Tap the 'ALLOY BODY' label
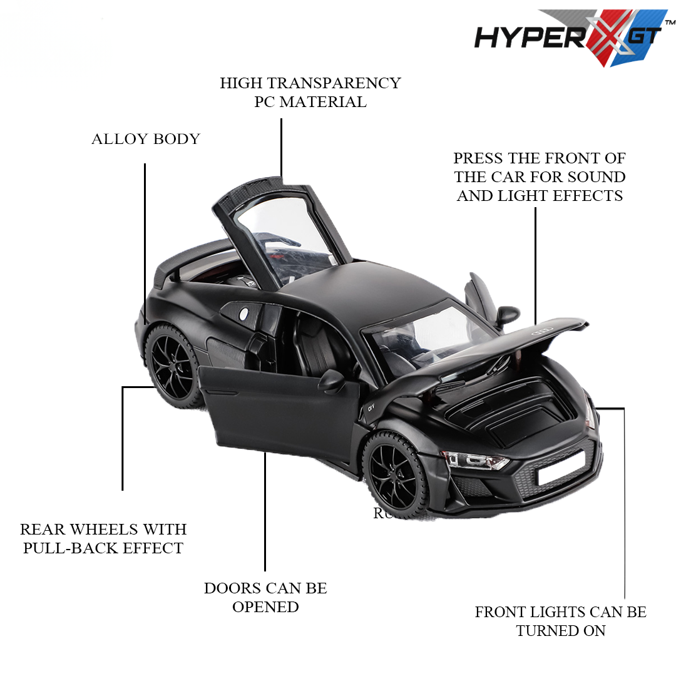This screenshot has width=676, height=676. [145, 139]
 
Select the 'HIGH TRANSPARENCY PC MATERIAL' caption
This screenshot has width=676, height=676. [310, 92]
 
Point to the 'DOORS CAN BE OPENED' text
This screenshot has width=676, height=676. [265, 597]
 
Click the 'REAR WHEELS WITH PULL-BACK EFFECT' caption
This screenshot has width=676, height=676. [103, 538]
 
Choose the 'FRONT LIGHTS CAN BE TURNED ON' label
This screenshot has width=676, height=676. [560, 621]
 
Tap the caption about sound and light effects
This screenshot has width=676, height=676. [540, 177]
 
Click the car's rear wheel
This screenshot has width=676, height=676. [172, 363]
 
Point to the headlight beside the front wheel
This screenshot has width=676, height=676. [476, 461]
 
